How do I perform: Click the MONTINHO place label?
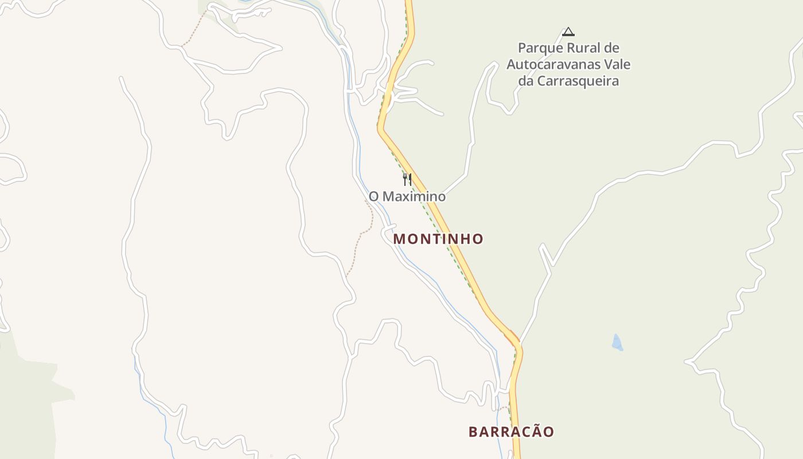(438, 239)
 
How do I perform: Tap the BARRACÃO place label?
(511, 431)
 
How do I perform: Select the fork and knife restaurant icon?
(407, 180)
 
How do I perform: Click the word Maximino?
(414, 197)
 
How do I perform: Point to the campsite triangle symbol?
(568, 32)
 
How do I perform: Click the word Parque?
(539, 48)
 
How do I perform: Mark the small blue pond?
(617, 342)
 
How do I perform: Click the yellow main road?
(459, 252)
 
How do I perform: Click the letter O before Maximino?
(373, 197)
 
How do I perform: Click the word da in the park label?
(525, 81)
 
